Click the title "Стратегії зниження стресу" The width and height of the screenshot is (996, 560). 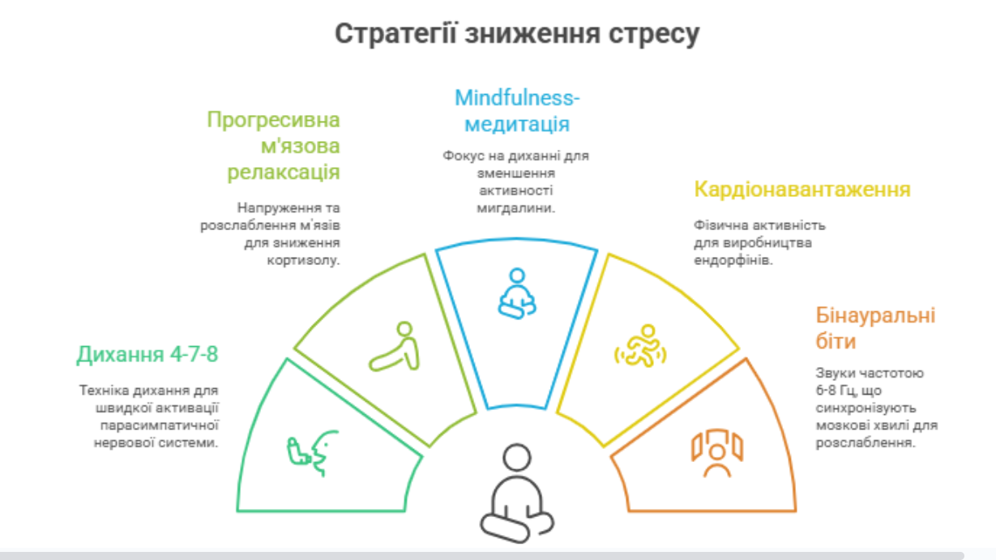click(x=516, y=35)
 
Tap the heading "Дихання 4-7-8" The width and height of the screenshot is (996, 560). click(x=147, y=355)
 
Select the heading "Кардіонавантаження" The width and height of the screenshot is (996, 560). click(x=802, y=190)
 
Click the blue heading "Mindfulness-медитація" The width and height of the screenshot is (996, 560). click(x=516, y=112)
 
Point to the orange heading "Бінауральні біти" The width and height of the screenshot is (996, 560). click(x=874, y=327)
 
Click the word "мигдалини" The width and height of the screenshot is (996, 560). click(x=516, y=207)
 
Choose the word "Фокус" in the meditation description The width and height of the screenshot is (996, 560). click(x=460, y=155)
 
